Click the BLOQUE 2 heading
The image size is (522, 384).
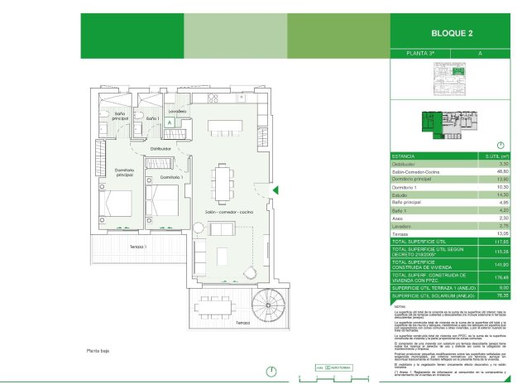[x=453, y=33]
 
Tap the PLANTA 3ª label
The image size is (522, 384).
[x=425, y=53]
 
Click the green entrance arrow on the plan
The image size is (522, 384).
[x=276, y=191]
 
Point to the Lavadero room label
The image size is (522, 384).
[x=177, y=111]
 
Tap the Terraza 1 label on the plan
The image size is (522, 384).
[x=137, y=246]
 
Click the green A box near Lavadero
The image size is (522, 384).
[x=169, y=122]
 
